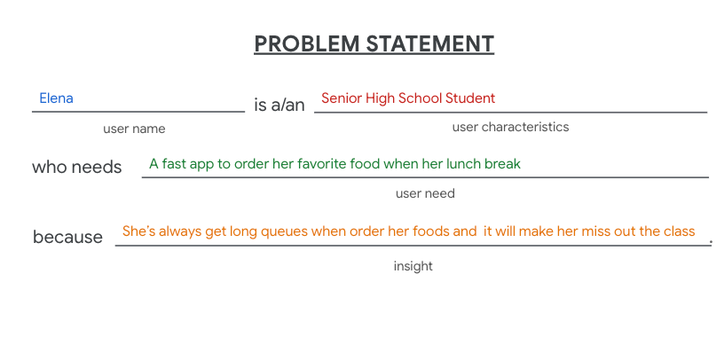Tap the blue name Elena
(56, 98)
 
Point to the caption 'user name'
(134, 129)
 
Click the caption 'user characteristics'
(510, 127)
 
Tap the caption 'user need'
(425, 193)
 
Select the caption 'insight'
(413, 266)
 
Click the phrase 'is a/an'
(279, 106)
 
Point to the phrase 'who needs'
(77, 167)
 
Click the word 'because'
(67, 238)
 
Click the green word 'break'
(502, 164)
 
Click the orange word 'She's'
(139, 231)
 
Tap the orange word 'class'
(679, 231)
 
